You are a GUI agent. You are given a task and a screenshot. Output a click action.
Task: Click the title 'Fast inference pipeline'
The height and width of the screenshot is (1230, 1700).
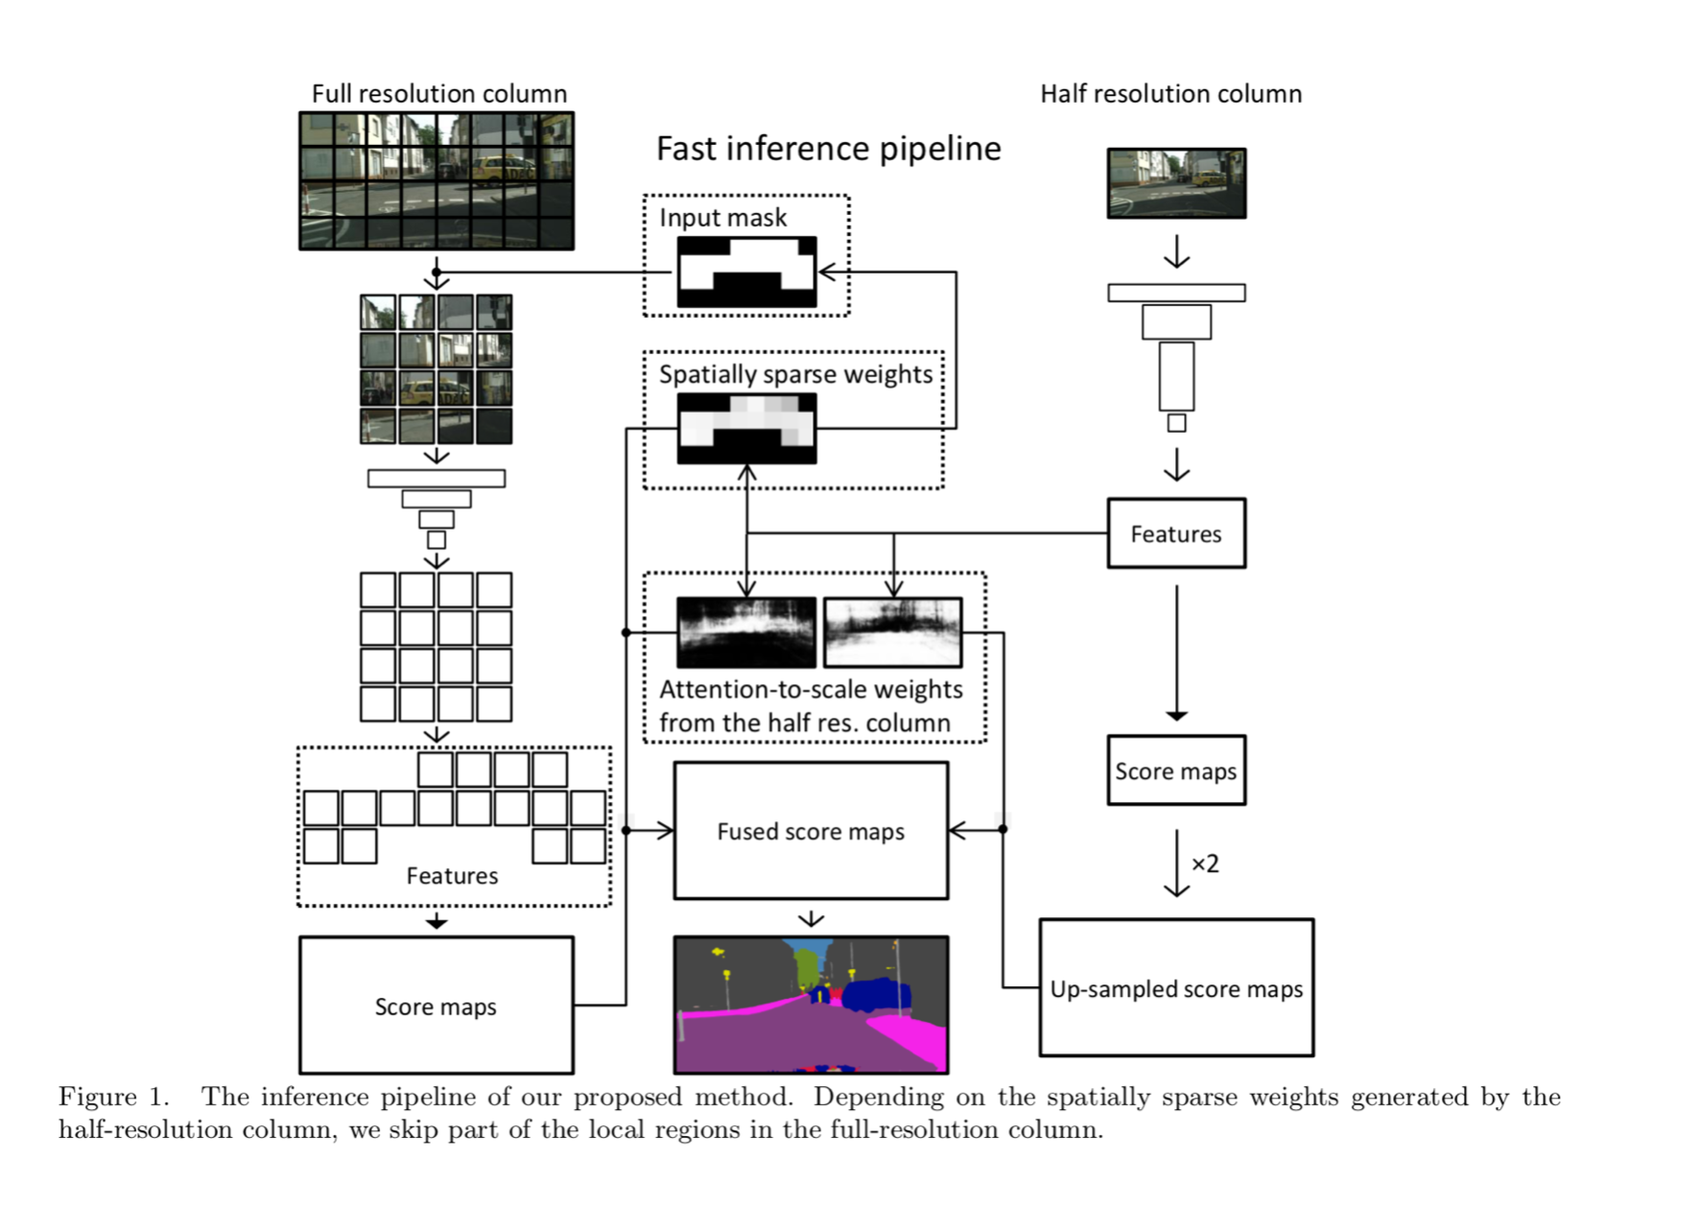(x=828, y=149)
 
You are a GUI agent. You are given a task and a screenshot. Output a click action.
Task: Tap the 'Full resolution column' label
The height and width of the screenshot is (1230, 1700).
(x=439, y=94)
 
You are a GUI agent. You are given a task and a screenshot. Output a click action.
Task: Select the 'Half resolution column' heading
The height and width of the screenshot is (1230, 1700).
(x=1170, y=94)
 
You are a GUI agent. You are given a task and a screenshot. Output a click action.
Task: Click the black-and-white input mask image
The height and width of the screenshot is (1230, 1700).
(x=746, y=272)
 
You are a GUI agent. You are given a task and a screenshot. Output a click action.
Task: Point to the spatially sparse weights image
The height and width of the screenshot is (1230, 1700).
(x=746, y=429)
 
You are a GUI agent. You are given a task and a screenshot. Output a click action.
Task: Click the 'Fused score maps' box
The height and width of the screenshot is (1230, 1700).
(x=811, y=831)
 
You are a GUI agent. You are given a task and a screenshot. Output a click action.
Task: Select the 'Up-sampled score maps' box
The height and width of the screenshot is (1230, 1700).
(x=1176, y=988)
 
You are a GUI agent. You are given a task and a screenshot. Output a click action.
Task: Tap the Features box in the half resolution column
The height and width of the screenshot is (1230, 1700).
(x=1176, y=533)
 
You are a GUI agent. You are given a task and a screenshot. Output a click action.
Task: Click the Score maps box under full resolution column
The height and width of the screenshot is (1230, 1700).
(x=436, y=1005)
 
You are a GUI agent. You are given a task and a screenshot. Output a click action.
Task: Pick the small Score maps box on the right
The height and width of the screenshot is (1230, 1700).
(x=1176, y=770)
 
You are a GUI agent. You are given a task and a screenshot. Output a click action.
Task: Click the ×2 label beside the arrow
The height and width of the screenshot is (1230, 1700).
(x=1205, y=863)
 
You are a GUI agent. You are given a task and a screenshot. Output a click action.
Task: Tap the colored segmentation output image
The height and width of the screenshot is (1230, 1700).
(x=811, y=1005)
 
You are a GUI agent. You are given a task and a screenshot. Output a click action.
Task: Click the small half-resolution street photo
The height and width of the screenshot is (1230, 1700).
(x=1176, y=183)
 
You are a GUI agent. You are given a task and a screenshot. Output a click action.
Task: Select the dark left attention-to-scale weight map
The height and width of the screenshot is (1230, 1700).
(x=746, y=632)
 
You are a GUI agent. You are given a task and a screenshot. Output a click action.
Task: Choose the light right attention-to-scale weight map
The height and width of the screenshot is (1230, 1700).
(x=892, y=632)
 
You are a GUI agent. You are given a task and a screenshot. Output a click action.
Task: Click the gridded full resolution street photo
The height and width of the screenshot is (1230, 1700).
(x=437, y=181)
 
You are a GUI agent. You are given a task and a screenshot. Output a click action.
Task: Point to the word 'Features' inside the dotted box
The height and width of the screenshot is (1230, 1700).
(x=452, y=876)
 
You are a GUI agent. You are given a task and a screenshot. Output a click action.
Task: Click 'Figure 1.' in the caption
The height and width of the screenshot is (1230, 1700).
(x=113, y=1097)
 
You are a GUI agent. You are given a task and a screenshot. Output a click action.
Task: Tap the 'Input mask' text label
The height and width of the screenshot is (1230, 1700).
(x=722, y=218)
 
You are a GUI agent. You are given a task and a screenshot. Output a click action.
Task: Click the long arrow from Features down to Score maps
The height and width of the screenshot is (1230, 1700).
(x=1176, y=652)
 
